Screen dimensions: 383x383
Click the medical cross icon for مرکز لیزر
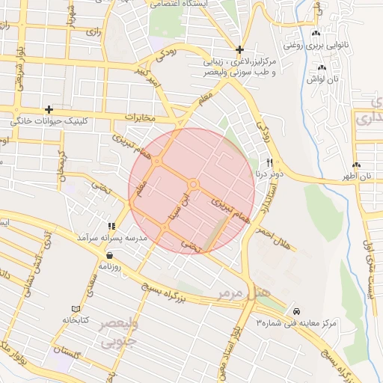(239, 49)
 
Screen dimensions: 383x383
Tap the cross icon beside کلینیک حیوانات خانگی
(49, 109)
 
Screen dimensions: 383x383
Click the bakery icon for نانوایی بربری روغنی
(315, 34)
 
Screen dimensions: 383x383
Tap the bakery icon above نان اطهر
(356, 165)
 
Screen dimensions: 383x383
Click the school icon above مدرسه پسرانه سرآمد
(111, 226)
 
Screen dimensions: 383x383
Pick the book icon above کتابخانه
(75, 308)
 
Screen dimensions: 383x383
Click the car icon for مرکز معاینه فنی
(297, 310)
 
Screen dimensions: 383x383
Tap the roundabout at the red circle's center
(193, 184)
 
